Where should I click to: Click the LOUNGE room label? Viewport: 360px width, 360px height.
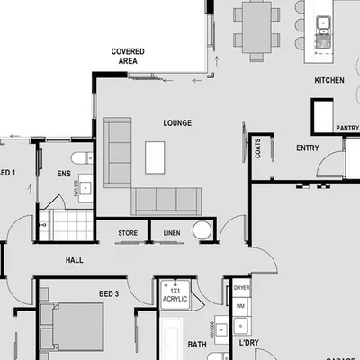[x=177, y=122]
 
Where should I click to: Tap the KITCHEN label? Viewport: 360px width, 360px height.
[x=328, y=80]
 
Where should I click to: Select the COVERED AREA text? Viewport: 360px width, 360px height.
[x=129, y=57]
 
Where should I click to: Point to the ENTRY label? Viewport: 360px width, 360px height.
[x=307, y=148]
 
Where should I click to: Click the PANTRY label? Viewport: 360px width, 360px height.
[x=346, y=129]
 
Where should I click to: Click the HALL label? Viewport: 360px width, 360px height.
[x=75, y=260]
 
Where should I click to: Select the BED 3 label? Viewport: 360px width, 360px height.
[x=110, y=293]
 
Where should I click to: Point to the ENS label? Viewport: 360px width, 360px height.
[x=63, y=174]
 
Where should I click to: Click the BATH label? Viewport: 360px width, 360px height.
[x=197, y=344]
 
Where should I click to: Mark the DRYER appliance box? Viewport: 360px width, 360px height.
[x=241, y=288]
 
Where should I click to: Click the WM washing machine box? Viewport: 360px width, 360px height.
[x=240, y=306]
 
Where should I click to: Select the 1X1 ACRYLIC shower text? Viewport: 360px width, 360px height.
[x=175, y=296]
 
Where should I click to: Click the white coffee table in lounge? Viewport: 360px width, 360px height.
[x=157, y=156]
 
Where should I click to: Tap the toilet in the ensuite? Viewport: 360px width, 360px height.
[x=81, y=159]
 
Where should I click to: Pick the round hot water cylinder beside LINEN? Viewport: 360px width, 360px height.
[x=202, y=231]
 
